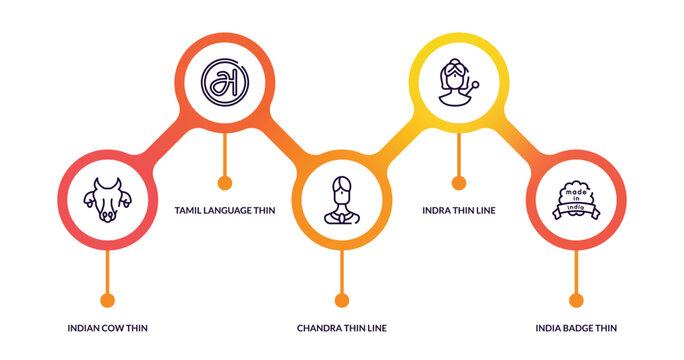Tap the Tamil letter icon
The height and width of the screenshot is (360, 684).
point(224,82)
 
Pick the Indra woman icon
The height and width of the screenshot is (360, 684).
point(458,82)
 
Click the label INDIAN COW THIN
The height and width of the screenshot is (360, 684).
point(108,327)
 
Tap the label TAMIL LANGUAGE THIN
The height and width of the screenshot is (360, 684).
point(224,210)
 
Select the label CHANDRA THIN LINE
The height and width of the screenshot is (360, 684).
point(342,327)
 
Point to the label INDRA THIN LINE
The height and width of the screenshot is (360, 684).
point(459,210)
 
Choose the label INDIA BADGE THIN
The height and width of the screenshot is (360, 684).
point(576,327)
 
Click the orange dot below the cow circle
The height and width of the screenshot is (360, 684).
point(107,299)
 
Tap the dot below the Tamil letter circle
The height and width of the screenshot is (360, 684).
point(225,182)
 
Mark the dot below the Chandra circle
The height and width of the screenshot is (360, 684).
point(342,299)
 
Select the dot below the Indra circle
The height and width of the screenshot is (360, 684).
point(459,182)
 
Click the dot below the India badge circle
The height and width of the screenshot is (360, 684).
point(576,299)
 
